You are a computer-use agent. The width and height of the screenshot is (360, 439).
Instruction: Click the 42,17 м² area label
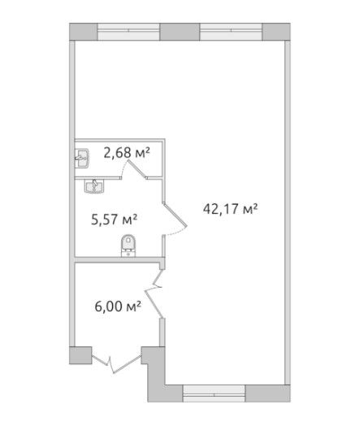click(x=230, y=209)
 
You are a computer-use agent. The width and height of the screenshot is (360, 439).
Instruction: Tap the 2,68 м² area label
click(x=127, y=153)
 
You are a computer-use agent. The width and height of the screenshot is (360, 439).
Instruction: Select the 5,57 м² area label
click(x=114, y=219)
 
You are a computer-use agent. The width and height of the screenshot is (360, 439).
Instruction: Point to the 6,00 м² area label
click(x=118, y=306)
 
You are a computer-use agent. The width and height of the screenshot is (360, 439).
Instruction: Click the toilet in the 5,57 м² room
click(x=128, y=246)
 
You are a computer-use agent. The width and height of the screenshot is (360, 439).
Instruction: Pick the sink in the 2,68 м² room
click(x=82, y=159)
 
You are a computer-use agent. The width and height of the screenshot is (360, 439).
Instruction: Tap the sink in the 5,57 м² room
click(x=94, y=186)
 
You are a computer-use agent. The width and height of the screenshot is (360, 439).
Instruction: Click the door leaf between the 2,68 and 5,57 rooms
click(x=137, y=169)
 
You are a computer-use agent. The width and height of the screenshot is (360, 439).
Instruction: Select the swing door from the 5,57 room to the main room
click(x=176, y=215)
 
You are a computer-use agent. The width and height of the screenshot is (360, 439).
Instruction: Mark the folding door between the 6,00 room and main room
click(x=154, y=293)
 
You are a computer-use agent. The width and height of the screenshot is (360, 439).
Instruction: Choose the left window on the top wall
click(x=128, y=32)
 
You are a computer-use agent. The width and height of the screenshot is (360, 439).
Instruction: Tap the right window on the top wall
click(x=231, y=32)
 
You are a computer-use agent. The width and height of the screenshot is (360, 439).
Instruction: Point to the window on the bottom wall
click(x=214, y=393)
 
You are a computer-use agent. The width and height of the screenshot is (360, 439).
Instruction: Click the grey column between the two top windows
click(x=180, y=32)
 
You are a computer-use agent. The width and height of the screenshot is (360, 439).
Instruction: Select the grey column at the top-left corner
click(x=84, y=32)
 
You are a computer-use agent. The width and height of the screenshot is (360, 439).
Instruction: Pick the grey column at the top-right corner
click(x=276, y=32)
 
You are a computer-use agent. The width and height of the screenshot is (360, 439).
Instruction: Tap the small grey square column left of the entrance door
click(x=80, y=355)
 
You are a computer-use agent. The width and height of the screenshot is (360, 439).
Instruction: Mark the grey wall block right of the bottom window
click(x=268, y=393)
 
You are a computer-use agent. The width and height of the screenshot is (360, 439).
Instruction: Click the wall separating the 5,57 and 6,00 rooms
click(x=118, y=259)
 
